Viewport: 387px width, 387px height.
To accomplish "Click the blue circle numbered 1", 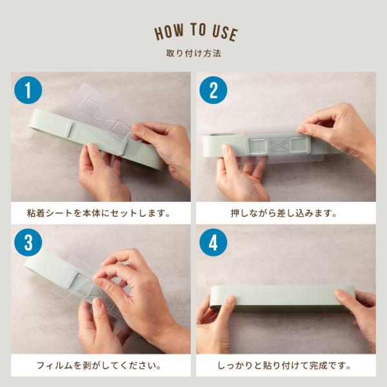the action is (28, 90).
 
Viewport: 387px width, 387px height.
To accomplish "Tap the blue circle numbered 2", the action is (213, 90).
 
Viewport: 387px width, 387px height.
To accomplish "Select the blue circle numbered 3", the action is (28, 243).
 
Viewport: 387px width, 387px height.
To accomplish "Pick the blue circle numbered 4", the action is (213, 243).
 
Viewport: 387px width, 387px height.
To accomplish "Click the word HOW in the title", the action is (169, 32).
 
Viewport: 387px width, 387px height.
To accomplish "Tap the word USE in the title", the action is (225, 33).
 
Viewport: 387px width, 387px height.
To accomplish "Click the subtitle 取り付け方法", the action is (193, 54).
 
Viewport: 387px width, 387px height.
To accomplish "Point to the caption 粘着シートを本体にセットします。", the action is (99, 213).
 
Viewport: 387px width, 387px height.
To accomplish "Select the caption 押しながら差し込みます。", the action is (284, 213).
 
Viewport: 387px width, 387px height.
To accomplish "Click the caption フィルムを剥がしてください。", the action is (99, 366).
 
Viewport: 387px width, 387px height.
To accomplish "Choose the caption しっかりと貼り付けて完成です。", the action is (284, 366).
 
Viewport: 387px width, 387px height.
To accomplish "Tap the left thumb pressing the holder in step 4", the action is (228, 306).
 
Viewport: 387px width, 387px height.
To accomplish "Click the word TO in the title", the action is (198, 30).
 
